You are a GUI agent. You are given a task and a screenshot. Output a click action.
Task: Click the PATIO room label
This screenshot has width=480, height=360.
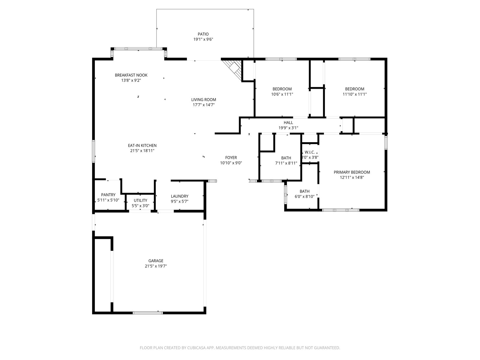pyautogui.click(x=203, y=34)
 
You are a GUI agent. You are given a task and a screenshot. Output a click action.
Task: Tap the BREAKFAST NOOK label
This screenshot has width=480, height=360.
pyautogui.click(x=131, y=75)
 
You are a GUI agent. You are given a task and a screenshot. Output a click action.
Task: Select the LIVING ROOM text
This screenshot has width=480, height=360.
pyautogui.click(x=203, y=100)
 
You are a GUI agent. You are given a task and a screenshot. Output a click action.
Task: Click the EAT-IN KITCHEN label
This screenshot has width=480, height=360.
pyautogui.click(x=142, y=145)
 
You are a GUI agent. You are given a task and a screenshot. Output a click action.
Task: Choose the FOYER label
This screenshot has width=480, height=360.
pyautogui.click(x=231, y=157)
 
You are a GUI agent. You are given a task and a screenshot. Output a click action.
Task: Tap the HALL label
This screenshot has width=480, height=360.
pyautogui.click(x=288, y=123)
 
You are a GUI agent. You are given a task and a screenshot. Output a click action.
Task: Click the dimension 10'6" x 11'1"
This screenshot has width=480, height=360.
pyautogui.click(x=282, y=94)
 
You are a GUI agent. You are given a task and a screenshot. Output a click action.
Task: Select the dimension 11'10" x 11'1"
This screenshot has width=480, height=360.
pyautogui.click(x=355, y=94)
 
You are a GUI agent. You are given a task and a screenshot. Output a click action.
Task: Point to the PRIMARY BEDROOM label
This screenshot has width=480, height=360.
pyautogui.click(x=352, y=172)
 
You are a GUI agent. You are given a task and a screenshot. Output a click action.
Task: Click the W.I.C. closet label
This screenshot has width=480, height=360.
pyautogui.click(x=310, y=152)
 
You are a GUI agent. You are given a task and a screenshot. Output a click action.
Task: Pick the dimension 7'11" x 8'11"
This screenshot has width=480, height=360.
pyautogui.click(x=286, y=163)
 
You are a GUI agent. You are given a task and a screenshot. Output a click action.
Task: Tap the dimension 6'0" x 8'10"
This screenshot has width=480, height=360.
pyautogui.click(x=304, y=196)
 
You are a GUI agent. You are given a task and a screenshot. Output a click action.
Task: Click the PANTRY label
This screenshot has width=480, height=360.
pyautogui.click(x=108, y=195)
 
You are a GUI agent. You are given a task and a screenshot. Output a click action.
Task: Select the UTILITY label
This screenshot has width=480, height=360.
pyautogui.click(x=140, y=200)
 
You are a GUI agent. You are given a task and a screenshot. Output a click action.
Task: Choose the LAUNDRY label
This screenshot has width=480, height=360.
pyautogui.click(x=179, y=196)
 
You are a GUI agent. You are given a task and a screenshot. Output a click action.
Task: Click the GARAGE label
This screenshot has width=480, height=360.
pyautogui.click(x=156, y=261)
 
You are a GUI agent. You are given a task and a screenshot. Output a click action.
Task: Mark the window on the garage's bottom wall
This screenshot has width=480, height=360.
pyautogui.click(x=148, y=313)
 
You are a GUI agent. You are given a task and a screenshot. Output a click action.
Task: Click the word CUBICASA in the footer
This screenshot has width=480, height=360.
pyautogui.click(x=196, y=348)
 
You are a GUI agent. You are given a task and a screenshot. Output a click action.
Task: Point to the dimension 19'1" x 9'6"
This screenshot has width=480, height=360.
pyautogui.click(x=203, y=40)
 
